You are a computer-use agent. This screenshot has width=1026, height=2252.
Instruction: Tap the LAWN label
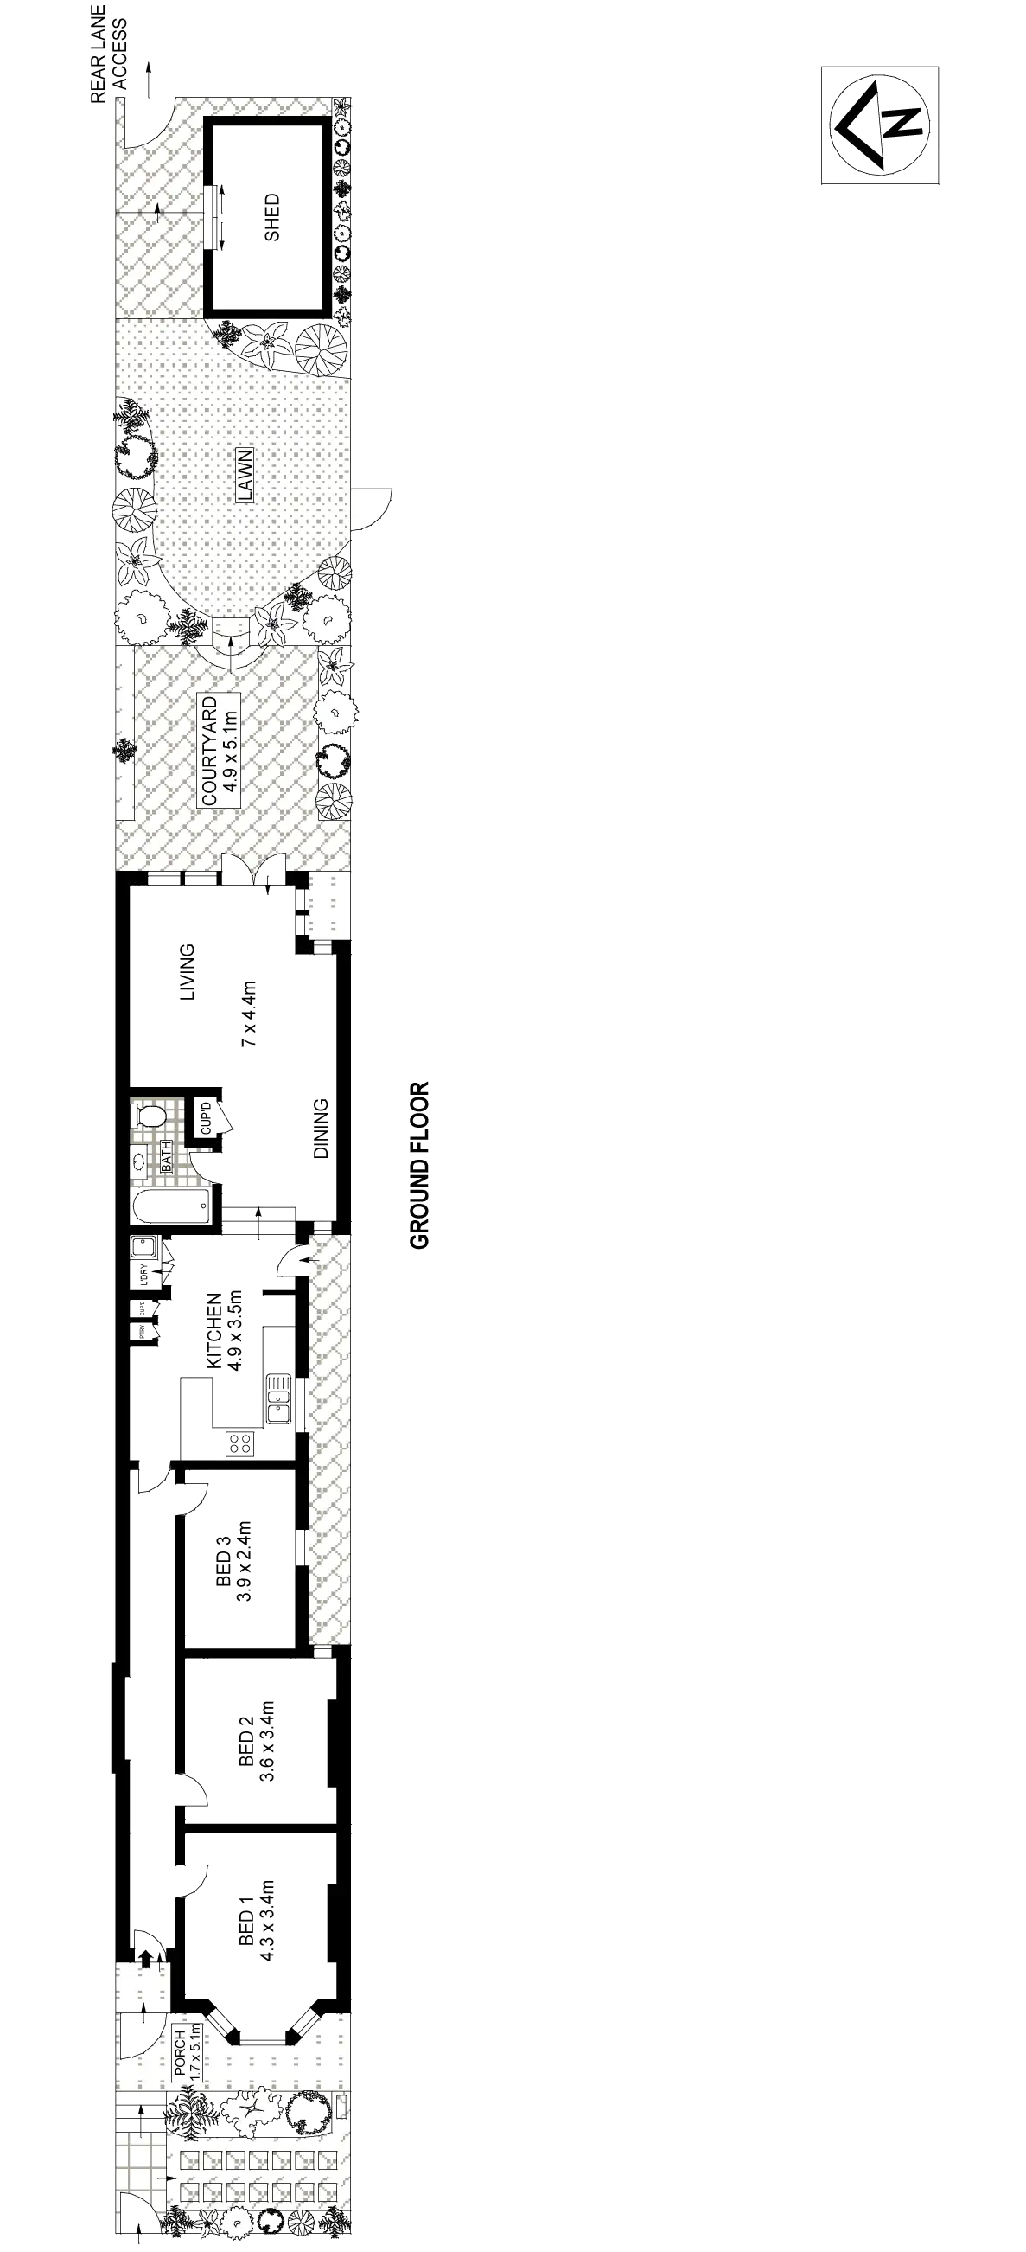(x=244, y=475)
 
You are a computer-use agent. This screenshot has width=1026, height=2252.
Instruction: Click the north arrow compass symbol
(x=878, y=125)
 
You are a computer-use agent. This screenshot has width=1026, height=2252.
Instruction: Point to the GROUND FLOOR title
(x=419, y=1165)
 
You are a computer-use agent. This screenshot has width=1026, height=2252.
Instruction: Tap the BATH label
(x=167, y=1155)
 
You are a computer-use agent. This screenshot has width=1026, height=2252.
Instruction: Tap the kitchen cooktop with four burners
(x=238, y=1444)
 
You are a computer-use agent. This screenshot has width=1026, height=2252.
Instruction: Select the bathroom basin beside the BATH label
(x=140, y=1161)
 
